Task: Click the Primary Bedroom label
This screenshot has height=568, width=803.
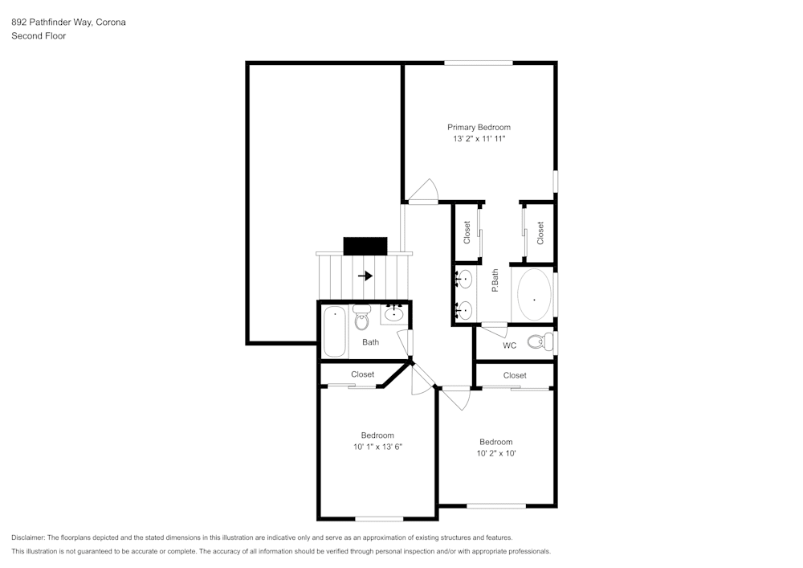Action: pyautogui.click(x=479, y=127)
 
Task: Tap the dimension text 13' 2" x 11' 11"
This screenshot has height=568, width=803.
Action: pyautogui.click(x=479, y=139)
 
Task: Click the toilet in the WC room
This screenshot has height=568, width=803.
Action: pyautogui.click(x=540, y=342)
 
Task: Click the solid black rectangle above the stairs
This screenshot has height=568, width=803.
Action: pyautogui.click(x=365, y=245)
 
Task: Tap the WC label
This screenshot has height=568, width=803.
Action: pyautogui.click(x=509, y=346)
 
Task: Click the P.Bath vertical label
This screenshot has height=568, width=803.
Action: pyautogui.click(x=495, y=280)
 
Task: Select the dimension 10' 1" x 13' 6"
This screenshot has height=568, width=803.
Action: pyautogui.click(x=377, y=447)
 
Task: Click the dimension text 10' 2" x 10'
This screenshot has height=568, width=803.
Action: pyautogui.click(x=495, y=453)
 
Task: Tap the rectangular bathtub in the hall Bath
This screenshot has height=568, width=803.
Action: pyautogui.click(x=335, y=331)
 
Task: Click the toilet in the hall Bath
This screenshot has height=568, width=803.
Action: pyautogui.click(x=361, y=319)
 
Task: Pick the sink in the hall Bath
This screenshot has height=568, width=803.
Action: pyautogui.click(x=393, y=314)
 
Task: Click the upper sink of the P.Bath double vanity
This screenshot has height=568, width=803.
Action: pyautogui.click(x=464, y=280)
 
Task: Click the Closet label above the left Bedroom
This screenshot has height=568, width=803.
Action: pyautogui.click(x=362, y=374)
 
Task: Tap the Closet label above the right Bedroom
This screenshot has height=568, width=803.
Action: pyautogui.click(x=515, y=375)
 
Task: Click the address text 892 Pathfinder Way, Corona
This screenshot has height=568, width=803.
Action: pyautogui.click(x=68, y=22)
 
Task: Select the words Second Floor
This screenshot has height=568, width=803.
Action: pyautogui.click(x=39, y=36)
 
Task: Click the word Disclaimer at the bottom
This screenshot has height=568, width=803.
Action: pyautogui.click(x=29, y=537)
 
